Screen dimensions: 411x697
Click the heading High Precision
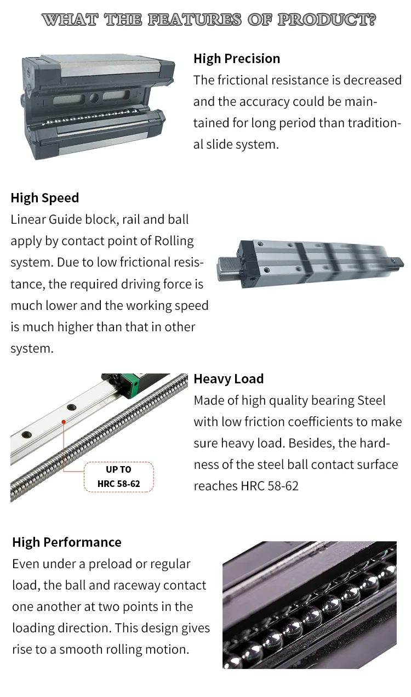tap(236, 59)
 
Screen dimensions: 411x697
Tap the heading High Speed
tap(45, 198)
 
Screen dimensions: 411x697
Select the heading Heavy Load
tap(229, 379)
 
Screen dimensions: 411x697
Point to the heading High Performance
tap(67, 542)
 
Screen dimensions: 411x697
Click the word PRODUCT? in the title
tap(327, 20)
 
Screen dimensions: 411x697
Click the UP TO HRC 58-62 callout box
tap(119, 477)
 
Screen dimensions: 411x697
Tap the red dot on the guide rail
tap(64, 422)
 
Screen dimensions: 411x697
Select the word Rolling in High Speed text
tap(174, 241)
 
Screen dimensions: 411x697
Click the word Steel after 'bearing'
tap(372, 400)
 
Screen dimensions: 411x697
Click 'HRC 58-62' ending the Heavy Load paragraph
tap(270, 486)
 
